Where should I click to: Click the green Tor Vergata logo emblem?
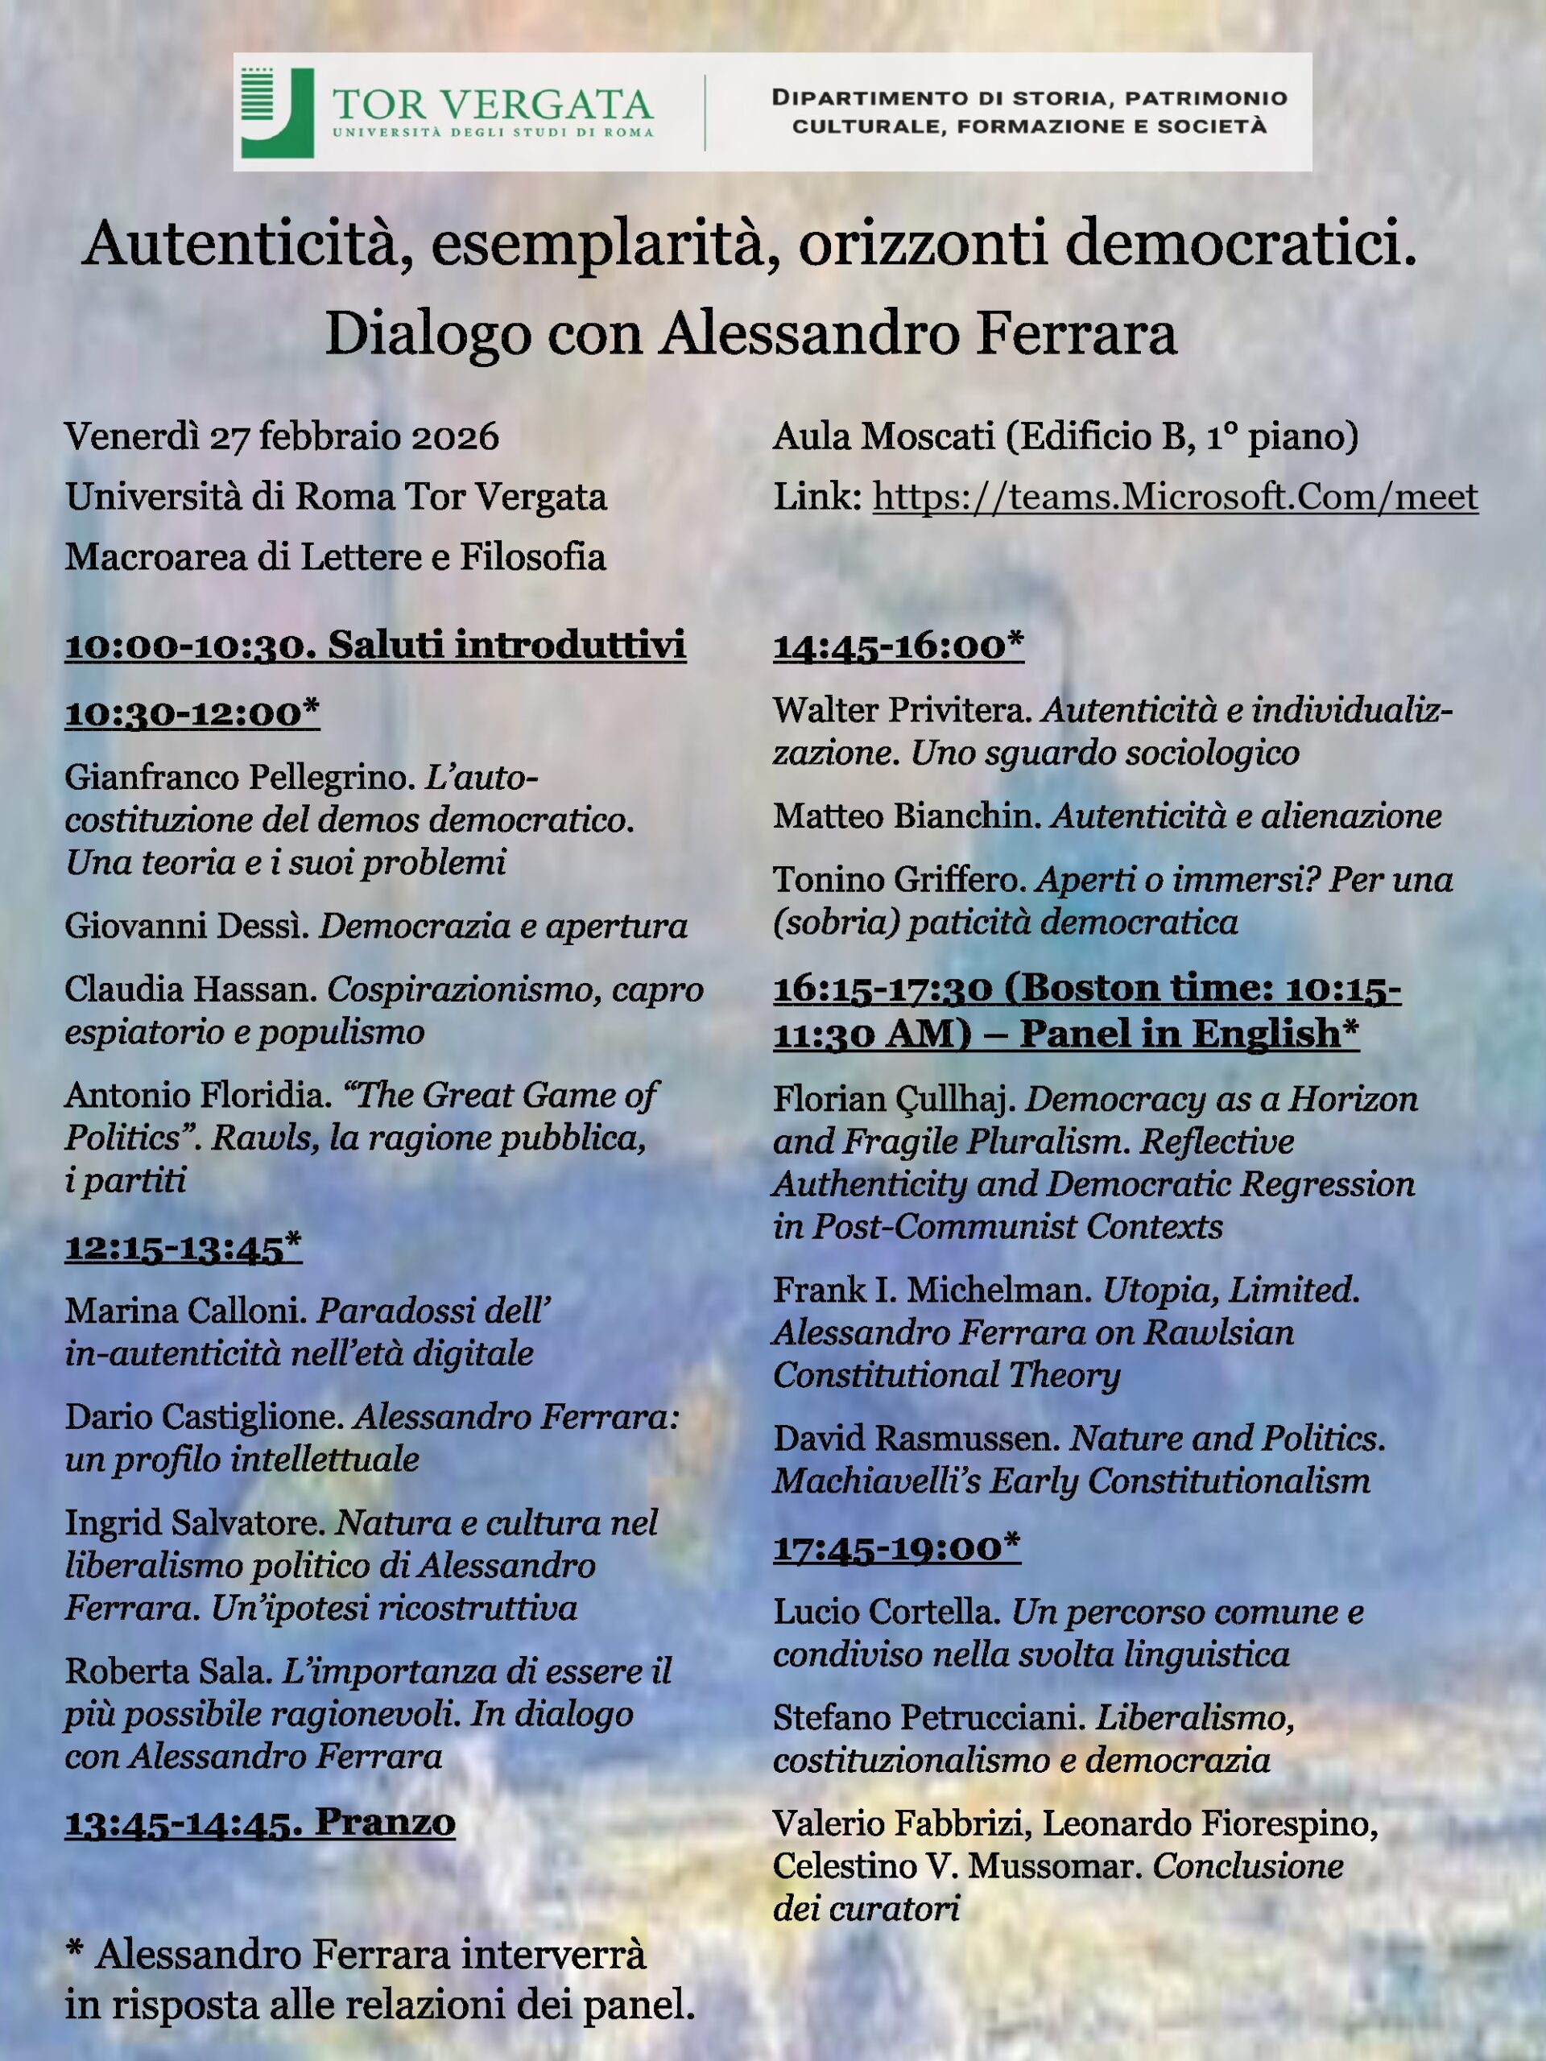pyautogui.click(x=277, y=113)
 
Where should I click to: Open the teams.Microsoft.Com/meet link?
pyautogui.click(x=1174, y=497)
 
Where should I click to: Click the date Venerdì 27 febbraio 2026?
pyautogui.click(x=282, y=437)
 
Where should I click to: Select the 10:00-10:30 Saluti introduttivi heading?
pyautogui.click(x=374, y=645)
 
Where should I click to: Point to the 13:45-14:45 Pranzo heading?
pyautogui.click(x=259, y=1823)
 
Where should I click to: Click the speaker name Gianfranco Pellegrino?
pyautogui.click(x=239, y=777)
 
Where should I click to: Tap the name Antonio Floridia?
pyautogui.click(x=197, y=1095)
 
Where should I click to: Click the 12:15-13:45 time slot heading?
pyautogui.click(x=183, y=1248)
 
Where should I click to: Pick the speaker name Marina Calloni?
pyautogui.click(x=185, y=1311)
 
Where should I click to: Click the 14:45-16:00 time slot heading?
pyautogui.click(x=898, y=645)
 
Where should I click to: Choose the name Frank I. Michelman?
pyautogui.click(x=932, y=1290)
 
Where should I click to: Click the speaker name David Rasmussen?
pyautogui.click(x=916, y=1439)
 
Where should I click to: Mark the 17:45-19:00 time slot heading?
pyautogui.click(x=896, y=1547)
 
